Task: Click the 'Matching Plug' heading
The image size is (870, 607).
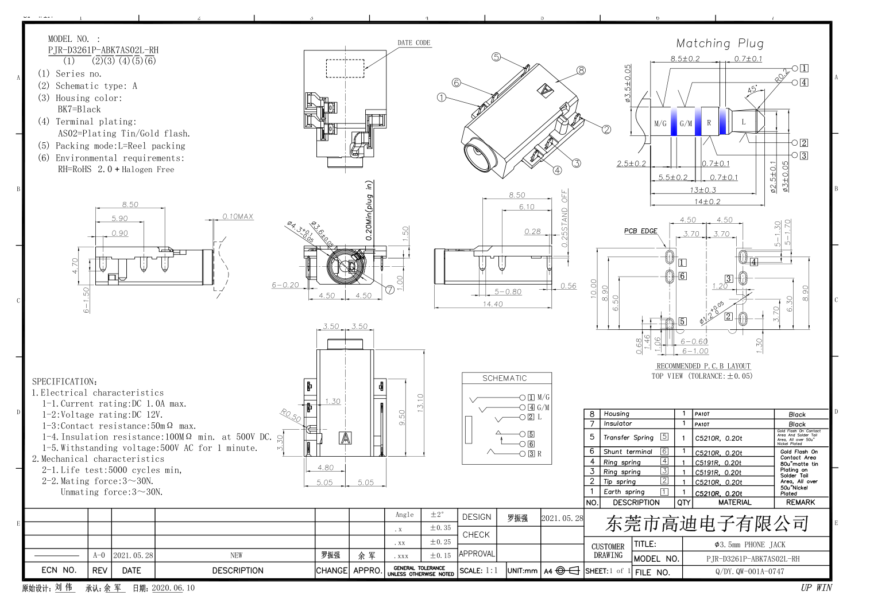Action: pos(720,43)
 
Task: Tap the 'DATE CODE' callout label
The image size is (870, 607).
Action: pos(413,42)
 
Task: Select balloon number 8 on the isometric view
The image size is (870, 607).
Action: pos(581,70)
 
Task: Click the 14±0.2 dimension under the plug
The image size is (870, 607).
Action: pos(707,201)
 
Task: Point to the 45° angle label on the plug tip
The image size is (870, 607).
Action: pos(752,90)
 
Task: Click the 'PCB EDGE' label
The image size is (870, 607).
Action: pos(640,231)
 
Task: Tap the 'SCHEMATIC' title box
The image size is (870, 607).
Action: pos(504,378)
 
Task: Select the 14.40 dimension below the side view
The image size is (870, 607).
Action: pos(492,304)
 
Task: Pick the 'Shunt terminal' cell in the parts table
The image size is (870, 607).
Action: pos(628,452)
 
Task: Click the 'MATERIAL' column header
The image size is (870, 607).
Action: pos(734,502)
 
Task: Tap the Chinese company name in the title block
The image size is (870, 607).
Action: pos(707,523)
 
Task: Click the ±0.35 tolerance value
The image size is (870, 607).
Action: pos(440,528)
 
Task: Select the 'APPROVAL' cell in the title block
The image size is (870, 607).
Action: pos(476,554)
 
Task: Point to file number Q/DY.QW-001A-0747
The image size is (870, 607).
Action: pos(749,571)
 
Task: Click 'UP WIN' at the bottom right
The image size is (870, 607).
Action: pos(816,587)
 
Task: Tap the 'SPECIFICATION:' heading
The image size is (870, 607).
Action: pos(64,382)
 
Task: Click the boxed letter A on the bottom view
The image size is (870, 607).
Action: pos(345,438)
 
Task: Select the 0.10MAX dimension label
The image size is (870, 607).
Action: pos(238,216)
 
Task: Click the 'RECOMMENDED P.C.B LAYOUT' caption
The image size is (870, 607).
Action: pos(703,366)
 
